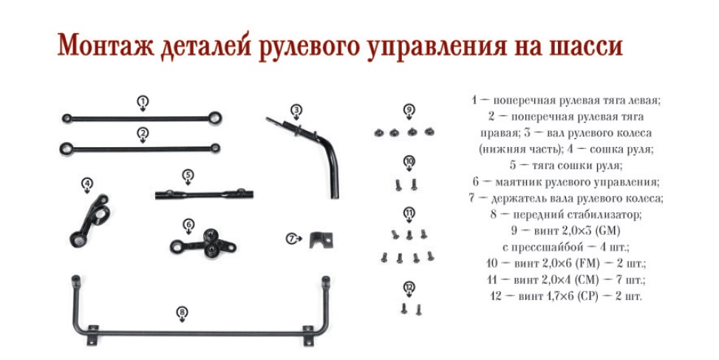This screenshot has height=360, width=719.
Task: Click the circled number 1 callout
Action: [x=143, y=102]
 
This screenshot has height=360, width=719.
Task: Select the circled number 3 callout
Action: [x=296, y=110]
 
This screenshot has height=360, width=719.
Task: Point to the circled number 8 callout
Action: [x=183, y=313]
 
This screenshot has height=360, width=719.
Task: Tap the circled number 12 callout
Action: [x=409, y=288]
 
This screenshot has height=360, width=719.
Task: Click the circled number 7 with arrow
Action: [x=293, y=239]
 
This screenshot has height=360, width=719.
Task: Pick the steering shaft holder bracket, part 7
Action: [x=320, y=240]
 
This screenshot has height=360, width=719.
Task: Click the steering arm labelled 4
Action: [x=90, y=221]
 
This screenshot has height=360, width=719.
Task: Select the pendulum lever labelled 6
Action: [x=203, y=243]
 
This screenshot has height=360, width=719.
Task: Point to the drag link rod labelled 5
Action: [x=204, y=194]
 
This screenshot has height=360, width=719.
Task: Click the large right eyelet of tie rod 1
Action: [x=214, y=118]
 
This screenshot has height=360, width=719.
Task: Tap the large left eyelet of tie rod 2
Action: [x=67, y=149]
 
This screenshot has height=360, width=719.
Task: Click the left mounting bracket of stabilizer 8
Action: [x=92, y=335]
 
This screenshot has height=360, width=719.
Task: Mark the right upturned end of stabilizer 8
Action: [x=326, y=282]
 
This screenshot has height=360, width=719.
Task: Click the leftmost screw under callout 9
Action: [x=378, y=133]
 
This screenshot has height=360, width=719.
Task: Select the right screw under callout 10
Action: [x=414, y=184]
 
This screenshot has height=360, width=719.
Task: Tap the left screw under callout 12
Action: [x=403, y=309]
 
